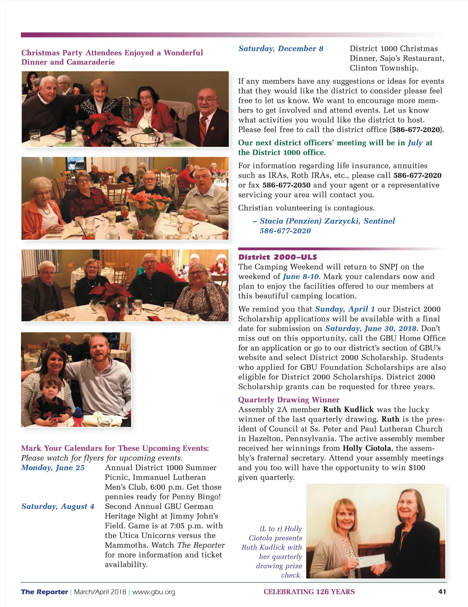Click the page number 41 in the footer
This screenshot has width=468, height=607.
(442, 591)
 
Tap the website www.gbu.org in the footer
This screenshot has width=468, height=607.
(154, 592)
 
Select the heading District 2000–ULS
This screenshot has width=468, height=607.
(277, 257)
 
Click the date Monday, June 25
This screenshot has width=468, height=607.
(53, 468)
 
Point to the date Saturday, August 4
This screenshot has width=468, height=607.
(58, 506)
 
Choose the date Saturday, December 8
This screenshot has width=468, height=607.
(281, 49)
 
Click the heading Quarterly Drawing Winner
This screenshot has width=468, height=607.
(289, 400)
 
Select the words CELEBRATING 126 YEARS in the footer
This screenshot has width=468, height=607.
(309, 592)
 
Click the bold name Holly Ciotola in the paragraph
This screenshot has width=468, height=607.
(367, 448)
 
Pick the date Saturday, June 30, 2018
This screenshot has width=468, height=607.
(370, 328)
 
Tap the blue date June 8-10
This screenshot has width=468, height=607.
(301, 277)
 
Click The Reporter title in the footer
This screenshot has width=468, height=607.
(44, 592)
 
